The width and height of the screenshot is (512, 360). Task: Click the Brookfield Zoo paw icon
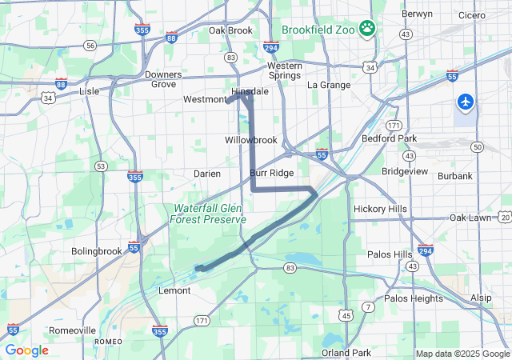pyautogui.click(x=367, y=29)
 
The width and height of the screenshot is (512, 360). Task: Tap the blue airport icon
pyautogui.click(x=465, y=102)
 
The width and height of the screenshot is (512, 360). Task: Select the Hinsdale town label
pyautogui.click(x=250, y=92)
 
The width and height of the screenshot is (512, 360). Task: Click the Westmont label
pyautogui.click(x=205, y=100)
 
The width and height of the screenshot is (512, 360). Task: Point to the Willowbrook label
pyautogui.click(x=250, y=140)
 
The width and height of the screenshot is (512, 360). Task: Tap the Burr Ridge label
pyautogui.click(x=271, y=173)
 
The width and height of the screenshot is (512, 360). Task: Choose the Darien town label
pyautogui.click(x=207, y=174)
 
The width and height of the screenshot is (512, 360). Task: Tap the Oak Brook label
pyautogui.click(x=230, y=30)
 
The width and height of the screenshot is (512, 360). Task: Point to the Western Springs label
pyautogui.click(x=284, y=70)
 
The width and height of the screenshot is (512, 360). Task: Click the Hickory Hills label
pyautogui.click(x=380, y=210)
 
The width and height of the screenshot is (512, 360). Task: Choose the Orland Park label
pyautogui.click(x=346, y=353)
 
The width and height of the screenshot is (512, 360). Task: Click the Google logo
pyautogui.click(x=26, y=350)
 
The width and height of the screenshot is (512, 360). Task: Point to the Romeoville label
pyautogui.click(x=72, y=330)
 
